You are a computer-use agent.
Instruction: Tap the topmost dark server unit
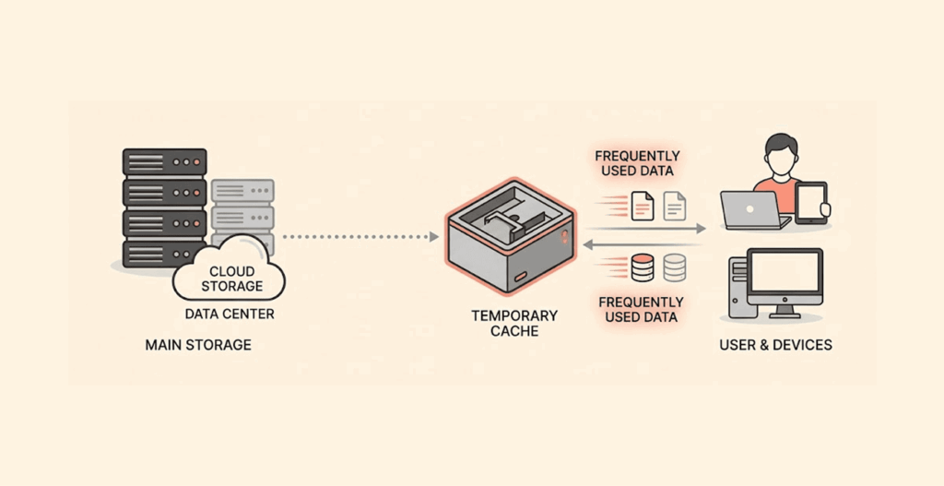[165, 161]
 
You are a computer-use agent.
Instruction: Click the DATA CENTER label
[230, 314]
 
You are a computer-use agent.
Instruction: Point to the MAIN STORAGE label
[198, 345]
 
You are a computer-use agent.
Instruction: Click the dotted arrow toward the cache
[360, 237]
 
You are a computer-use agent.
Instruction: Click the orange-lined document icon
[643, 205]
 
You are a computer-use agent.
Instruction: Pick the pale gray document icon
[675, 205]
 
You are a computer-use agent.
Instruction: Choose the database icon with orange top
[643, 268]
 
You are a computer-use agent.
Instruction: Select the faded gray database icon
[675, 268]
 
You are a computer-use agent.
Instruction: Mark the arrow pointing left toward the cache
[645, 244]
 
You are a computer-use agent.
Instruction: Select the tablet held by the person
[811, 202]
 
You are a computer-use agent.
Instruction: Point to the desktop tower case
[737, 287]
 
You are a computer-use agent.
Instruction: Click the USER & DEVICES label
[775, 345]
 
